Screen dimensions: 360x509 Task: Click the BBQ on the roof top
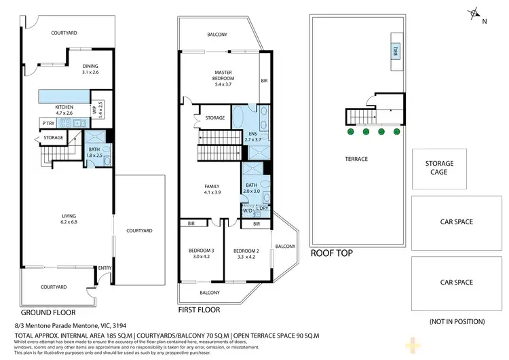click(x=395, y=51)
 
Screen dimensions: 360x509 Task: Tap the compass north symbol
click(x=475, y=14)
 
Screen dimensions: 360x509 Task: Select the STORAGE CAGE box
click(x=439, y=168)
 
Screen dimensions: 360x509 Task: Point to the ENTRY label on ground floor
click(x=105, y=268)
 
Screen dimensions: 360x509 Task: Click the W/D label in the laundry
click(x=246, y=211)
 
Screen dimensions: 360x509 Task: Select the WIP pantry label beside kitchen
click(x=94, y=109)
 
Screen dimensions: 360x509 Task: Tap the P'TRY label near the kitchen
click(x=48, y=123)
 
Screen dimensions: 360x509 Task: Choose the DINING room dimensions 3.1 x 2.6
click(x=90, y=71)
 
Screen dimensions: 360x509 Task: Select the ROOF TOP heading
click(x=331, y=253)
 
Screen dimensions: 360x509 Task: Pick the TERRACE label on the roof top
click(x=356, y=159)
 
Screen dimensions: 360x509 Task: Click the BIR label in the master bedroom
click(x=265, y=80)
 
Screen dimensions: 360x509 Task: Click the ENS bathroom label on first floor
click(x=253, y=134)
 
